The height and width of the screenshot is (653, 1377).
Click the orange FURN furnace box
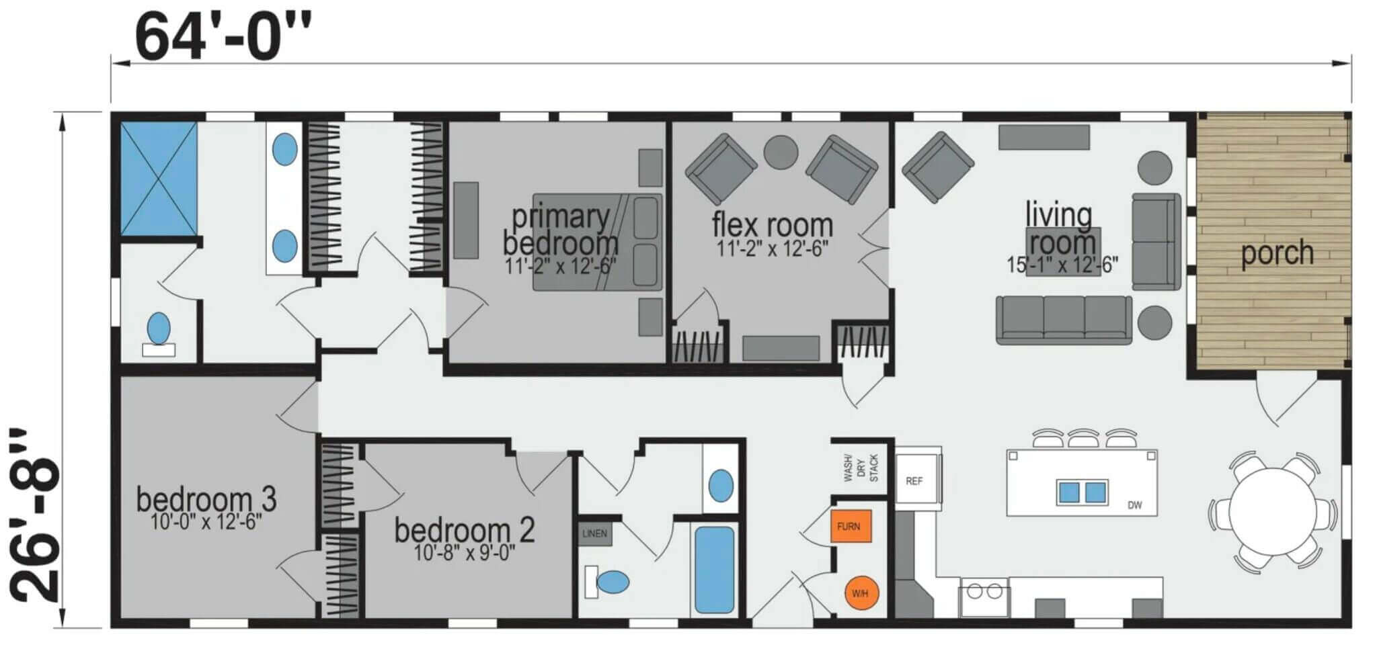pyautogui.click(x=851, y=526)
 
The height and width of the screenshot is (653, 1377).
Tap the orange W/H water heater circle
pyautogui.click(x=861, y=593)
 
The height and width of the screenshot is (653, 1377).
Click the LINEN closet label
pyautogui.click(x=594, y=534)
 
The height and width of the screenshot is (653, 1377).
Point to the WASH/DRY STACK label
pyautogui.click(x=861, y=468)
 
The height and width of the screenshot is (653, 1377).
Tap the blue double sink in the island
pyautogui.click(x=1082, y=493)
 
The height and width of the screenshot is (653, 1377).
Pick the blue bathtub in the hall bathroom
pyautogui.click(x=714, y=570)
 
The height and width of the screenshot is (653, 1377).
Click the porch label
pyautogui.click(x=1277, y=253)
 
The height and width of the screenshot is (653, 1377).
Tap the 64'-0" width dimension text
pyautogui.click(x=224, y=37)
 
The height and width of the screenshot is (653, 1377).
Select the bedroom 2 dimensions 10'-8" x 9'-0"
pyautogui.click(x=465, y=552)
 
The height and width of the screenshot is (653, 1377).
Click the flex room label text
pyautogui.click(x=772, y=224)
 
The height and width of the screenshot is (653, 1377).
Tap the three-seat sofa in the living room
pyautogui.click(x=1064, y=320)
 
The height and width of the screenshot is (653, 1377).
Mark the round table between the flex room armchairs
pyautogui.click(x=781, y=153)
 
